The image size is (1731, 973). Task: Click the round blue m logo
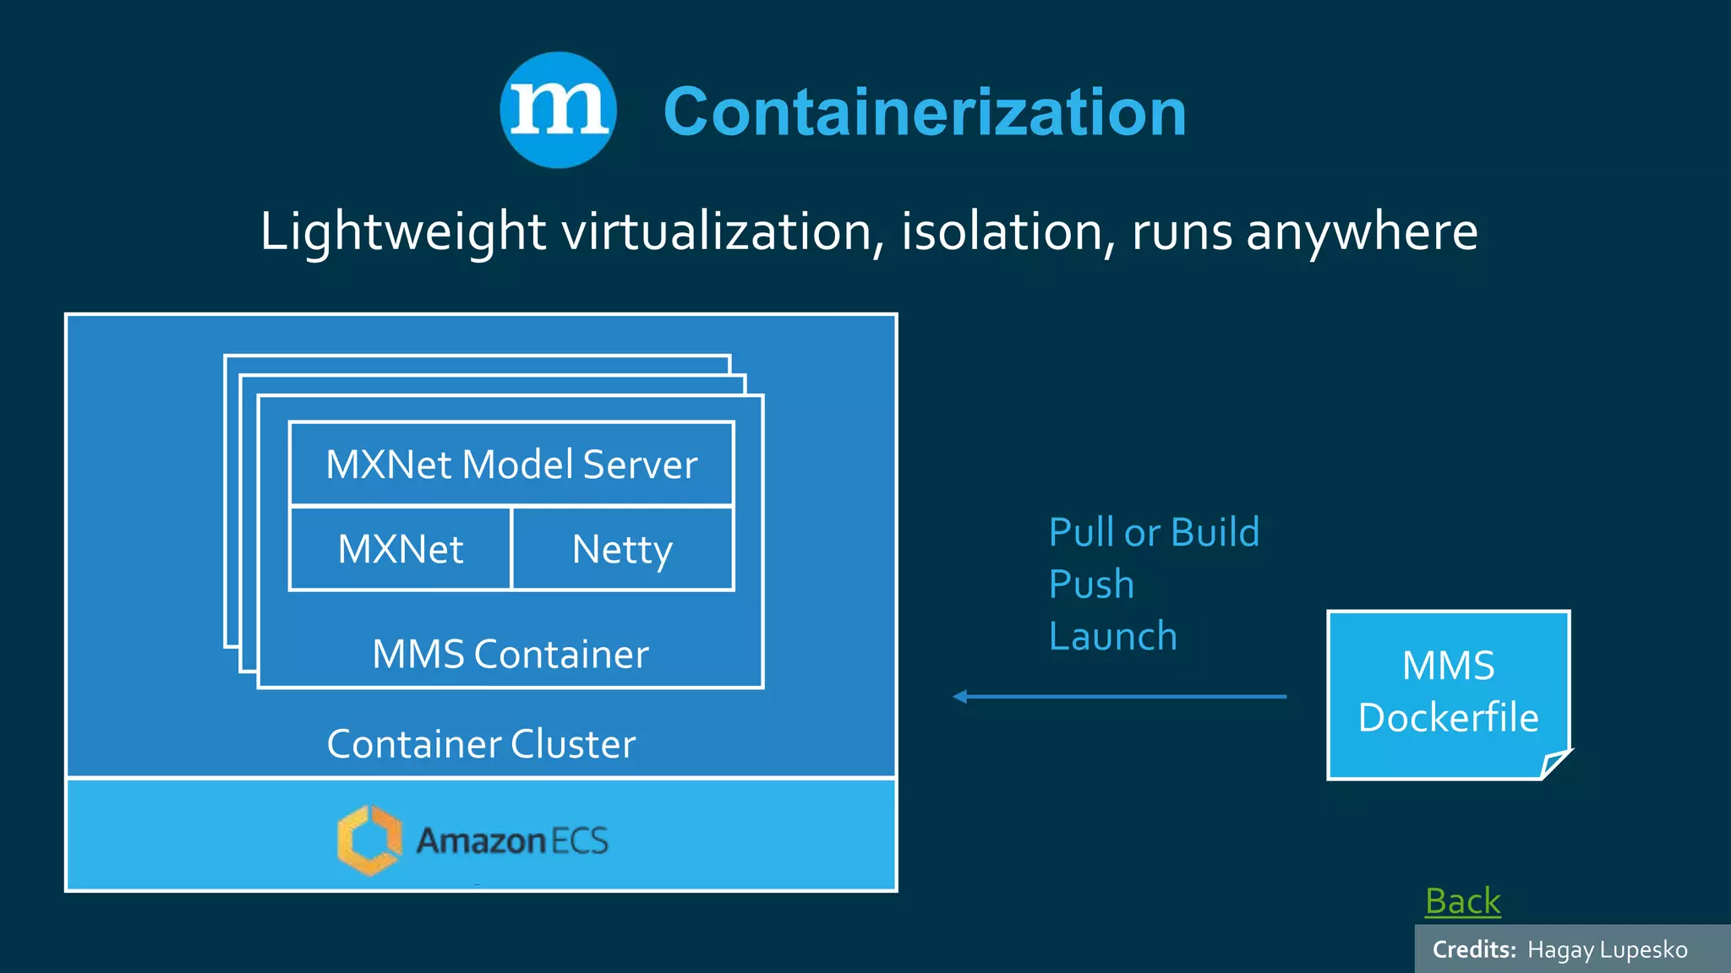tap(558, 110)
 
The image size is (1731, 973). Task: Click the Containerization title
tap(925, 112)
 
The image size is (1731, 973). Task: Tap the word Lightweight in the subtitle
tap(402, 231)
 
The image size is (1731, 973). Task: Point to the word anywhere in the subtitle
tap(1362, 231)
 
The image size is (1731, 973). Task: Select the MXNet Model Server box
tap(511, 464)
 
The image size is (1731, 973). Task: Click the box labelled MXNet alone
tap(401, 549)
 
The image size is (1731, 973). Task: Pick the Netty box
tap(622, 549)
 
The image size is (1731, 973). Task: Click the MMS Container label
tap(511, 655)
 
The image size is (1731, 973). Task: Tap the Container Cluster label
tap(481, 744)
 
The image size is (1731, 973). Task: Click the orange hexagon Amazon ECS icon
tap(369, 840)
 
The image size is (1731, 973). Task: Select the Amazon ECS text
tap(512, 840)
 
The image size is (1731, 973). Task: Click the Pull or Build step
tap(1154, 533)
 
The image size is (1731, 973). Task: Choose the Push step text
tap(1091, 584)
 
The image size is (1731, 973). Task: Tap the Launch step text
tap(1113, 636)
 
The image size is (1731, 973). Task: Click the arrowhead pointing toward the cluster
tap(961, 697)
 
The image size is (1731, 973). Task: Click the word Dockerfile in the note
tap(1448, 718)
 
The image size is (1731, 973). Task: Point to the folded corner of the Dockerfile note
tap(1554, 764)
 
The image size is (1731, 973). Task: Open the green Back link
tap(1462, 901)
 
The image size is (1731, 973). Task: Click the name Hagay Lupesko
tap(1607, 950)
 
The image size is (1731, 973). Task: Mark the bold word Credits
tap(1474, 950)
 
